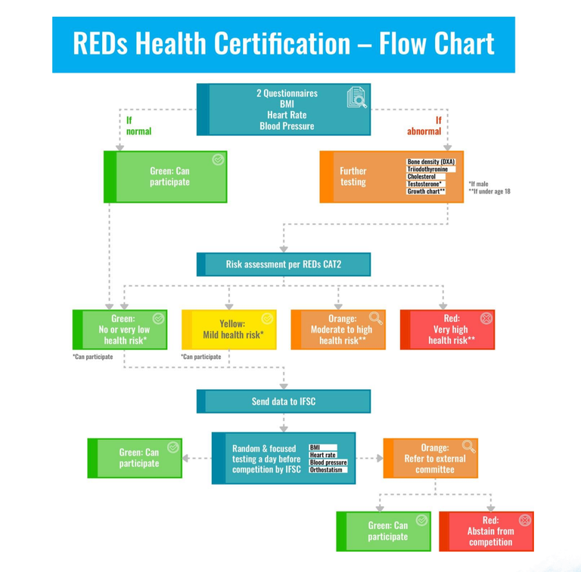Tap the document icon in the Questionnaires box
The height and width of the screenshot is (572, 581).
click(356, 97)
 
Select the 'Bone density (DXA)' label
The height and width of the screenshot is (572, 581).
click(431, 162)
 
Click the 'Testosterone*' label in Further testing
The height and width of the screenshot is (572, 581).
click(426, 184)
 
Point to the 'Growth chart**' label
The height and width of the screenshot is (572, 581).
click(427, 191)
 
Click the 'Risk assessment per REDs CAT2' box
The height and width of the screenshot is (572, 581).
click(284, 264)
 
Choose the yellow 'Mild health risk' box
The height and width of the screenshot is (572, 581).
click(229, 329)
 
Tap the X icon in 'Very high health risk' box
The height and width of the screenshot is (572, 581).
click(486, 318)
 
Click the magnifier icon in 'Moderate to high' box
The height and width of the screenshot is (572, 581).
click(375, 318)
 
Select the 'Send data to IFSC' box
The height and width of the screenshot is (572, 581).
click(284, 401)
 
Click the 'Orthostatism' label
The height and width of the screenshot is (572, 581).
click(327, 470)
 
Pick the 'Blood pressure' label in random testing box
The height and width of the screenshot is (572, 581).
click(328, 462)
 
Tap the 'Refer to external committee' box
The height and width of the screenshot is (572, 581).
click(430, 459)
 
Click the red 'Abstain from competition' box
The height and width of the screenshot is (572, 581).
click(486, 531)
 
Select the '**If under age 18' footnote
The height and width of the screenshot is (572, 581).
click(489, 191)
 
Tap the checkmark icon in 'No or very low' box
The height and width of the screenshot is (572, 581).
click(158, 318)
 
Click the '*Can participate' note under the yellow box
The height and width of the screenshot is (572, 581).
click(200, 357)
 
